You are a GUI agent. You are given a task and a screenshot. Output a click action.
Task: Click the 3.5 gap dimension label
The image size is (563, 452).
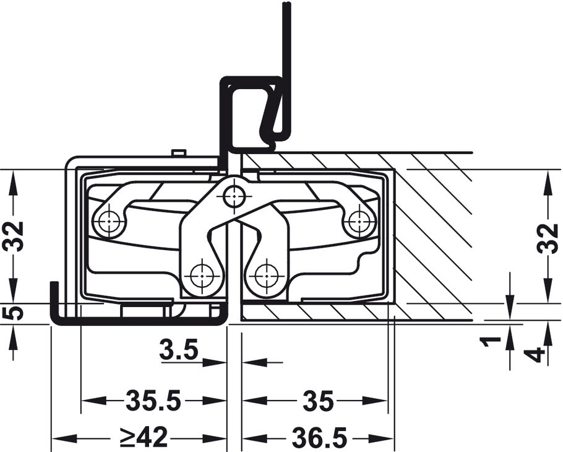click(179, 350)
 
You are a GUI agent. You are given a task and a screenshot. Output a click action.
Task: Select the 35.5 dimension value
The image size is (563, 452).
click(153, 401)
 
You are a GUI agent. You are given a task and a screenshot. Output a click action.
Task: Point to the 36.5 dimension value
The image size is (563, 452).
click(319, 437)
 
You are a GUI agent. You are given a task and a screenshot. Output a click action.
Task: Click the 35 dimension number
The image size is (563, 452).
click(318, 401)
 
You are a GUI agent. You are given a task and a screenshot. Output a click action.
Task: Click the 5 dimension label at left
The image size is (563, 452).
click(13, 313)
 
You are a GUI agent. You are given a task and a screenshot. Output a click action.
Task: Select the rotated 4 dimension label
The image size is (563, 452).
click(537, 355)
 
